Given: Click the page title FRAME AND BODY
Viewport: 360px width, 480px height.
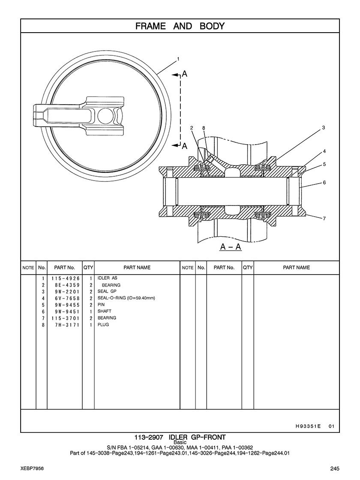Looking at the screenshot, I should (x=180, y=26).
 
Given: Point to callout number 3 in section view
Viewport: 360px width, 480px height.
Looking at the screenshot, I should (x=324, y=127).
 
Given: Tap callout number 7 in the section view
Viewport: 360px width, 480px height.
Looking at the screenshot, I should (x=324, y=218).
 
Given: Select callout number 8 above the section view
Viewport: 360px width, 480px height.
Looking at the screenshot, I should (x=204, y=128).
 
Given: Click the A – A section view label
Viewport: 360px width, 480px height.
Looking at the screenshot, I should (x=231, y=247).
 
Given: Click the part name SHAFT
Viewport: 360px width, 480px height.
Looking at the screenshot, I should (x=104, y=311).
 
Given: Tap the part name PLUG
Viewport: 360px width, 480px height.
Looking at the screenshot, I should (x=103, y=325).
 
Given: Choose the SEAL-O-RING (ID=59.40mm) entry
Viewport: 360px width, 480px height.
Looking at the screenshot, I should (x=126, y=298).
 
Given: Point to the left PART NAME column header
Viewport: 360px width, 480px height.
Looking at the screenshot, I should (x=137, y=268).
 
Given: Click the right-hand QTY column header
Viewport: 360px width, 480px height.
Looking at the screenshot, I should (x=248, y=268).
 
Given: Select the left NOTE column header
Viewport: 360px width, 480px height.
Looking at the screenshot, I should (x=28, y=268).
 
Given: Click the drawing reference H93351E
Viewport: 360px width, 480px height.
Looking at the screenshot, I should (x=308, y=426).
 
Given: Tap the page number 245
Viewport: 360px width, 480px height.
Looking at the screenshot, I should (x=335, y=468).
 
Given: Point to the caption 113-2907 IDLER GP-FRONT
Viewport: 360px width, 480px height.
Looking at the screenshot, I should (x=180, y=437).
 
